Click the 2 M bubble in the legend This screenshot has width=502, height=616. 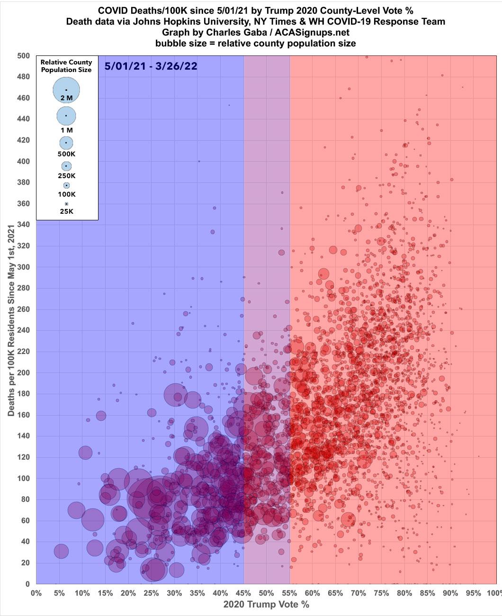pos(66,90)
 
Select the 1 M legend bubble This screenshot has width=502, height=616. pos(66,116)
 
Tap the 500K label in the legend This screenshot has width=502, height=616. pos(66,154)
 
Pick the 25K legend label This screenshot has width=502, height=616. pos(66,211)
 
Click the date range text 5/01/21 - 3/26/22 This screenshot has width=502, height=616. pos(151,66)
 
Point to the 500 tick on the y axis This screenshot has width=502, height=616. pos(24,55)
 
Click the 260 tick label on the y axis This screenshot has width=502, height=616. pos(24,309)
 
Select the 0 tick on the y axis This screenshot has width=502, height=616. pos(27,584)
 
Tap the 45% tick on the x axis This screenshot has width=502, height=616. pos(243,593)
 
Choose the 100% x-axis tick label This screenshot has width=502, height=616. pos(493,593)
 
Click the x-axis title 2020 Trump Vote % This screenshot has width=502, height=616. pos(266,605)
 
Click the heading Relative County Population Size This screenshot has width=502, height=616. pos(66,66)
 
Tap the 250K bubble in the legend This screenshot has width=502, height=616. pos(66,166)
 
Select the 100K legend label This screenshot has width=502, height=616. pos(66,194)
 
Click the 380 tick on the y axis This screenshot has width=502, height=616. pos(24,182)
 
